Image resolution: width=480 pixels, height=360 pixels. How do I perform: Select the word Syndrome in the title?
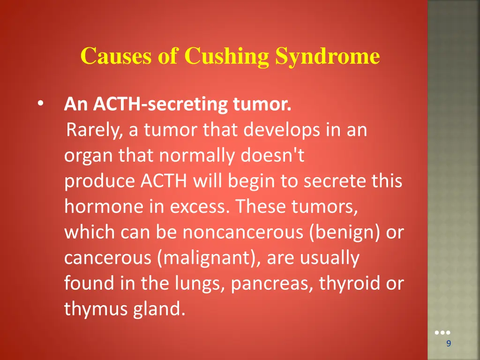[x=327, y=57]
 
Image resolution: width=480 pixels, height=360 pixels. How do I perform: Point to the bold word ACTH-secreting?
[x=161, y=104]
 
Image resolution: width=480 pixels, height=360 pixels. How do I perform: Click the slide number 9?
[x=449, y=344]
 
